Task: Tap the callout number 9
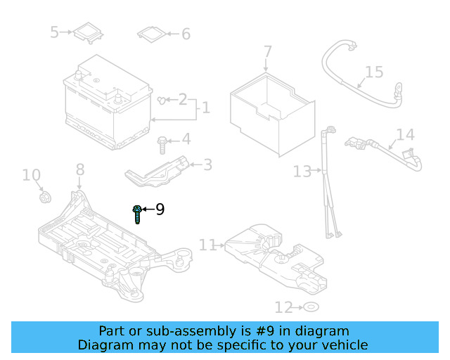(160, 209)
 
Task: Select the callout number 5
(55, 32)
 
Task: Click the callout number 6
(186, 34)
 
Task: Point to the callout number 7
(267, 52)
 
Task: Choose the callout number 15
(374, 72)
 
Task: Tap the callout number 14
(405, 135)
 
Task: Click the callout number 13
(302, 171)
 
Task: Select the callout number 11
(207, 245)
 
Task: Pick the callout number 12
(283, 307)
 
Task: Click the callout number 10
(32, 174)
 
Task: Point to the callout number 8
(79, 169)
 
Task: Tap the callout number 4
(186, 139)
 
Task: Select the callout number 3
(207, 165)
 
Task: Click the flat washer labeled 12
(310, 307)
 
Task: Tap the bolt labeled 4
(162, 143)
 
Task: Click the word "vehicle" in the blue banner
(342, 345)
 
